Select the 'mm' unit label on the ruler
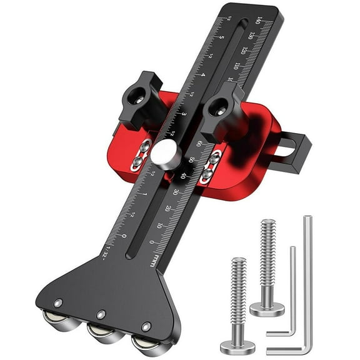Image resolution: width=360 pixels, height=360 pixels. coord(153,259)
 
